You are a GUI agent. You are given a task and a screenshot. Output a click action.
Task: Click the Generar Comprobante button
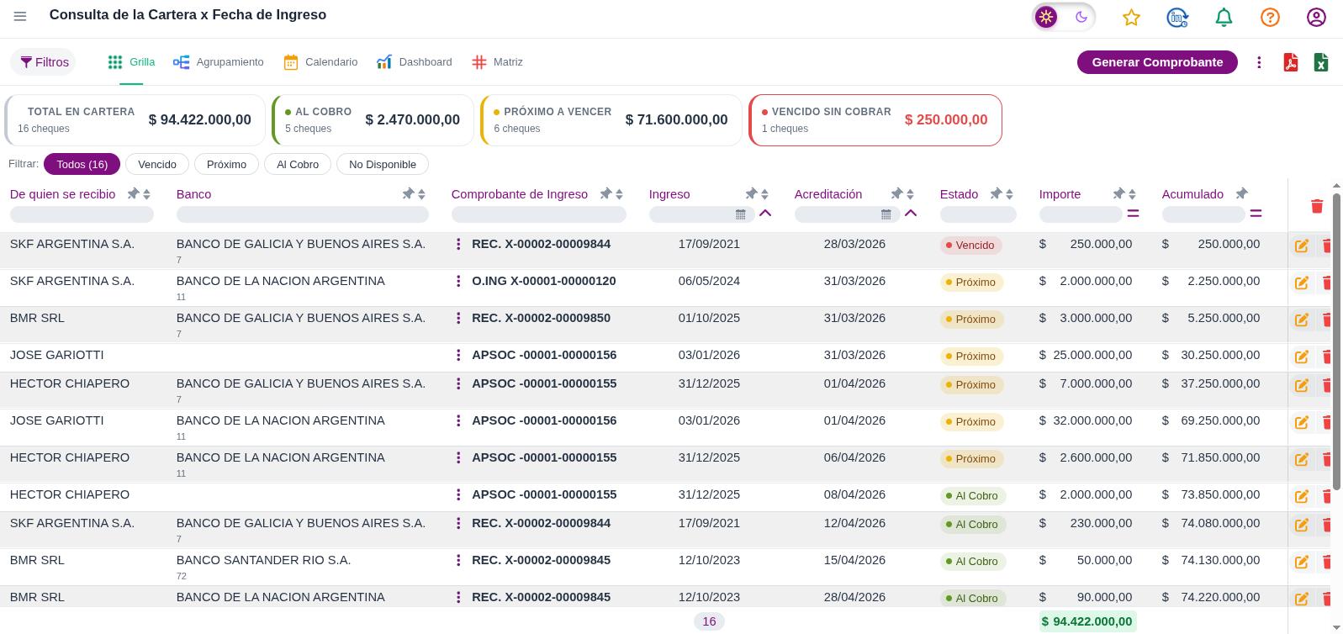pos(1157,62)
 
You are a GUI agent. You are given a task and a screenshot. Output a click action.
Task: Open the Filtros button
pos(44,62)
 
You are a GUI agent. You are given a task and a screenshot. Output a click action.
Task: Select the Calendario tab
pos(320,62)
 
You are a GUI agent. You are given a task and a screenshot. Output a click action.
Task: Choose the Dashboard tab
pos(415,62)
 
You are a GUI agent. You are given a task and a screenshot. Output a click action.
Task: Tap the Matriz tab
pos(498,62)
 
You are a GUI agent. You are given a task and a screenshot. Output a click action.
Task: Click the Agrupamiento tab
pos(219,62)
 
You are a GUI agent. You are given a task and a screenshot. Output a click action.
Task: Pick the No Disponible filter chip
pos(383,164)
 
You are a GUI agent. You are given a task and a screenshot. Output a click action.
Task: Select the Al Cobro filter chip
pos(298,164)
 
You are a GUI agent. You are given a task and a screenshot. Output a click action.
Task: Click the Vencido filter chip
pos(157,164)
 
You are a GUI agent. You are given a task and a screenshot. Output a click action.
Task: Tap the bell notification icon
pos(1224,18)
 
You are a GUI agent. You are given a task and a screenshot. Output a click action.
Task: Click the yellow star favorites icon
pos(1131,18)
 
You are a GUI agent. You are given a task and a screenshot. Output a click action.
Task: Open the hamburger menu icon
pos(20,16)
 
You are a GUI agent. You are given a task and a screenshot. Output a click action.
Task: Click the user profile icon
pos(1316,18)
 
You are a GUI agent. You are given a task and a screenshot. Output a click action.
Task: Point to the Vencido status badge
pos(970,245)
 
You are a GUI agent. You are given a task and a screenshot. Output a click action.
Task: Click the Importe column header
pos(1060,194)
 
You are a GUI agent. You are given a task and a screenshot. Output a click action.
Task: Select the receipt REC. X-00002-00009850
pos(541,318)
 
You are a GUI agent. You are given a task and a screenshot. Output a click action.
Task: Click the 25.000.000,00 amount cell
pos(1092,356)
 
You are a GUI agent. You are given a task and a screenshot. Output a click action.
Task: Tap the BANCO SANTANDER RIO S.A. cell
pos(263,560)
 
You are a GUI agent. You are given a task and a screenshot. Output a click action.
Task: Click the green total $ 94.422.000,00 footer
pos(1087,621)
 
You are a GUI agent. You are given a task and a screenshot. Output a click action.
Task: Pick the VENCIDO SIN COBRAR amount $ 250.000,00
pos(946,120)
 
